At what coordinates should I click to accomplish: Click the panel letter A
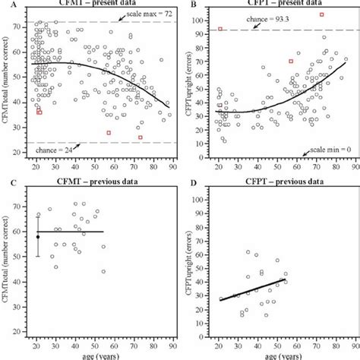coord(5,5)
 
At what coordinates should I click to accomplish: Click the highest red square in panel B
coord(321,14)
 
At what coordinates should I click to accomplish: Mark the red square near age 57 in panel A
coord(109,133)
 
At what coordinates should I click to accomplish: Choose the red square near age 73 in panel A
coord(141,137)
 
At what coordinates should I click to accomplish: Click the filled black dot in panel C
coord(38,237)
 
